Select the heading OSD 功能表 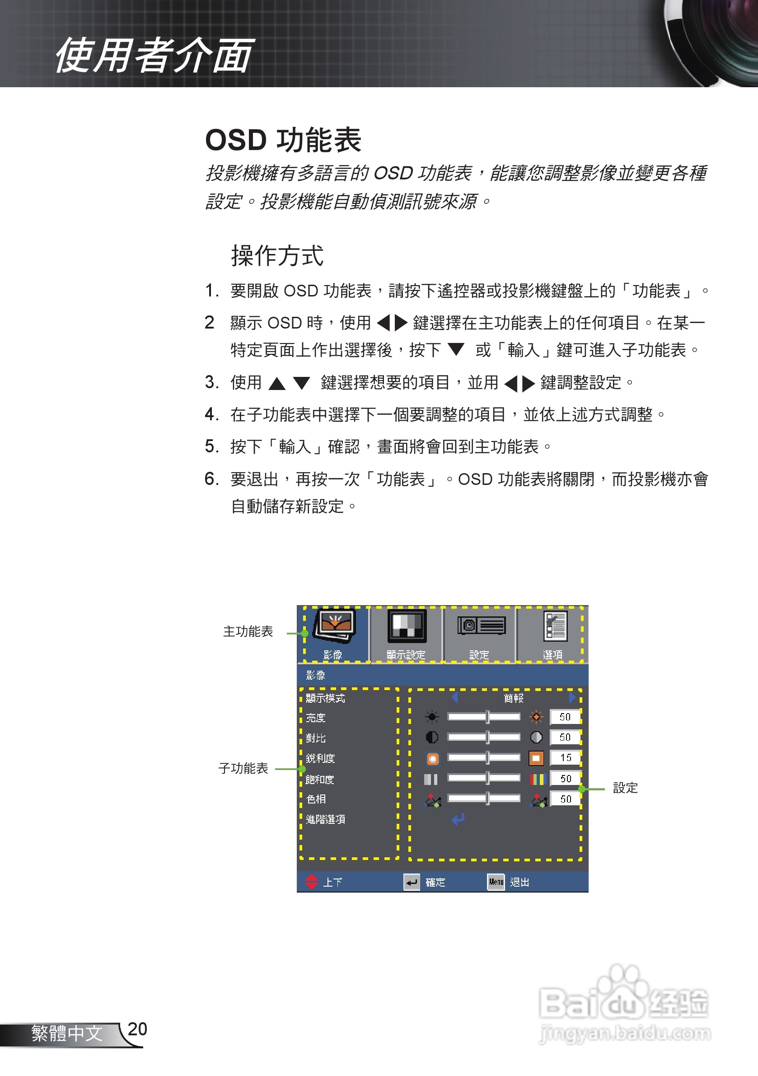[x=283, y=140]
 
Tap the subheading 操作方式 [x=277, y=256]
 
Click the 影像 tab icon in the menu [x=334, y=626]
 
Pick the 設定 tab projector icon [x=481, y=625]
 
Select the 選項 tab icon [x=555, y=626]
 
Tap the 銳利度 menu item [x=320, y=758]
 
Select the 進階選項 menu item [x=326, y=819]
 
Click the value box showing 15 [x=566, y=758]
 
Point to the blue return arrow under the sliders [x=458, y=819]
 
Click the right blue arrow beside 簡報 [x=572, y=698]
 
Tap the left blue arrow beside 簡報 [x=454, y=698]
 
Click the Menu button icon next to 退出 [x=496, y=882]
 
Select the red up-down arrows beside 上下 [x=312, y=882]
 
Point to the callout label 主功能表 [x=248, y=632]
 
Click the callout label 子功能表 [x=243, y=769]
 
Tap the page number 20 [x=137, y=1029]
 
